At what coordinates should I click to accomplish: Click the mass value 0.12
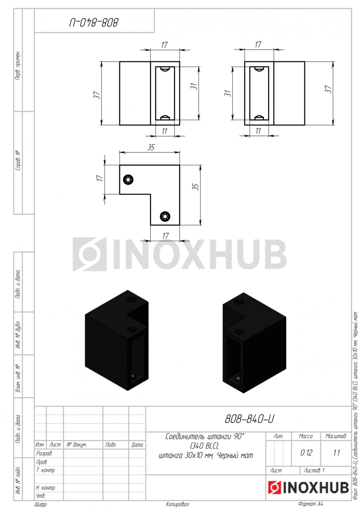pyautogui.click(x=306, y=453)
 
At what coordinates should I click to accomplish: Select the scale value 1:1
pyautogui.click(x=337, y=453)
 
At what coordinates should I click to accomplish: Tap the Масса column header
pyautogui.click(x=306, y=436)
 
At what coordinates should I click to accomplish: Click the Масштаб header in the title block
pyautogui.click(x=336, y=436)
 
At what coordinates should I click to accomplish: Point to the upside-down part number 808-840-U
pyautogui.click(x=94, y=23)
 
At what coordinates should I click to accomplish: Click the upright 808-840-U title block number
pyautogui.click(x=249, y=419)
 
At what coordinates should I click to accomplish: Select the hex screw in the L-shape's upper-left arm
pyautogui.click(x=128, y=180)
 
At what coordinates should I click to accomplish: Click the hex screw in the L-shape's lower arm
pyautogui.click(x=165, y=216)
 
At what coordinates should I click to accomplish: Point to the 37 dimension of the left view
pyautogui.click(x=97, y=95)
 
